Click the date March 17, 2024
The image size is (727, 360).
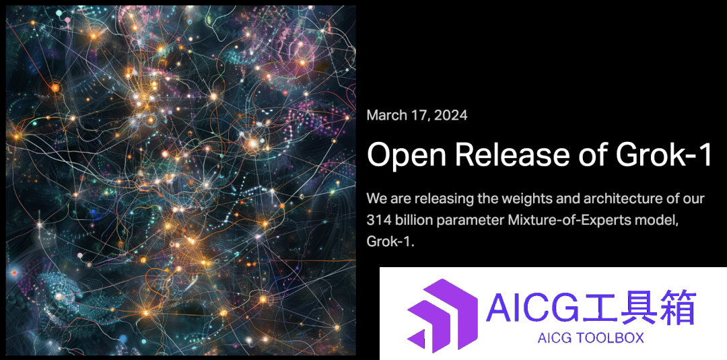417,115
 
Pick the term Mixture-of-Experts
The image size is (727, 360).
574,221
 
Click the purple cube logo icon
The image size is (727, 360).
442,314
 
